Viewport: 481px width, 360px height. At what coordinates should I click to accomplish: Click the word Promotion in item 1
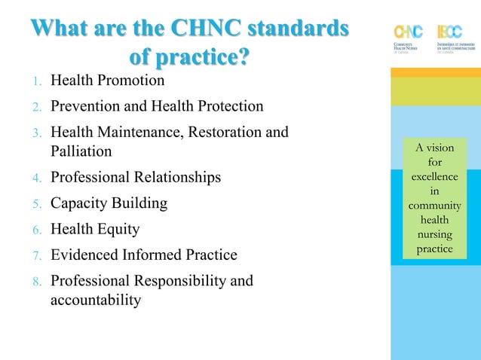[x=130, y=80]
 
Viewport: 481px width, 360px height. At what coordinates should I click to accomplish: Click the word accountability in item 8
[x=96, y=300]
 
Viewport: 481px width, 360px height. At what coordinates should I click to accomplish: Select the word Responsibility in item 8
[x=182, y=281]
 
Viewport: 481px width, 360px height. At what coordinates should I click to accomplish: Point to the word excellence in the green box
[x=434, y=176]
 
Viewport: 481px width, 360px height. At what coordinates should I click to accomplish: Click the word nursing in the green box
[x=434, y=234]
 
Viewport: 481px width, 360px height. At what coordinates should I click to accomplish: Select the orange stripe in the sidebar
[x=436, y=72]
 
